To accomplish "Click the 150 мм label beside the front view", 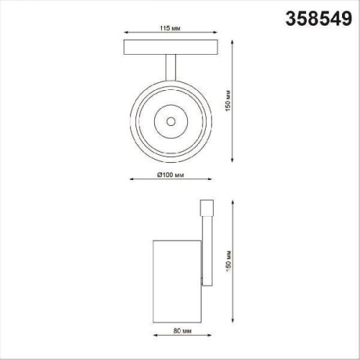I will [227, 98].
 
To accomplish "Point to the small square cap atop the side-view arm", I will [207, 209].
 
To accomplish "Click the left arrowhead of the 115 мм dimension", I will [125, 34].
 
